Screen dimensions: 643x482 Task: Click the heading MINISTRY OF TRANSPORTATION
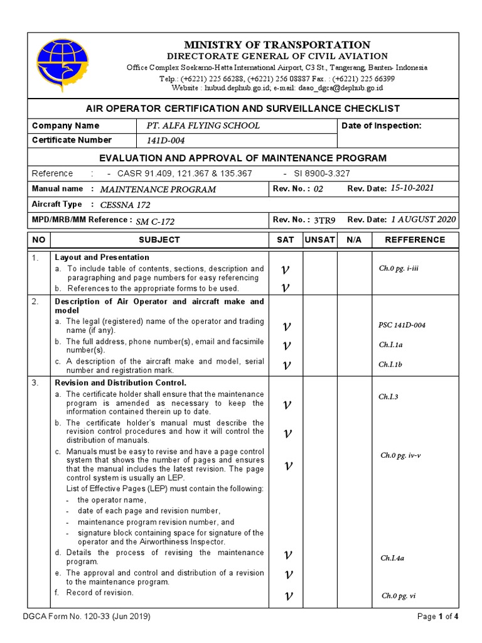(x=277, y=45)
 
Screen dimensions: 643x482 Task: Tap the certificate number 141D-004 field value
(x=166, y=141)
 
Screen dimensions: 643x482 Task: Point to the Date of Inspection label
(x=382, y=126)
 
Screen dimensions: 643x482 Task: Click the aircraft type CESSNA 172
(x=125, y=205)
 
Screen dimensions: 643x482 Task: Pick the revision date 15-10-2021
(x=412, y=188)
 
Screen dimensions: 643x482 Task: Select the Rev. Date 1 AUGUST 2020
(x=424, y=220)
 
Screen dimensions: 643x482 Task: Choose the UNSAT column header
(x=320, y=240)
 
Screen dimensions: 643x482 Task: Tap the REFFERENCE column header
(x=415, y=240)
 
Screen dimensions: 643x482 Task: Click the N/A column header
(x=354, y=240)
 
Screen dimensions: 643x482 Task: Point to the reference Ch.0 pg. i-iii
(x=399, y=268)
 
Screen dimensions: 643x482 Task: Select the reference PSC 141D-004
(x=402, y=325)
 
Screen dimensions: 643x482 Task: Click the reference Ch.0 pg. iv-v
(x=400, y=455)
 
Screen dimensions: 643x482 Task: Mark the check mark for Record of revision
(x=286, y=595)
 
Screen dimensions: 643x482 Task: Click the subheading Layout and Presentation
(x=102, y=257)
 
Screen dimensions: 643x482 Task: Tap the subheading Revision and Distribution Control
(x=120, y=382)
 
